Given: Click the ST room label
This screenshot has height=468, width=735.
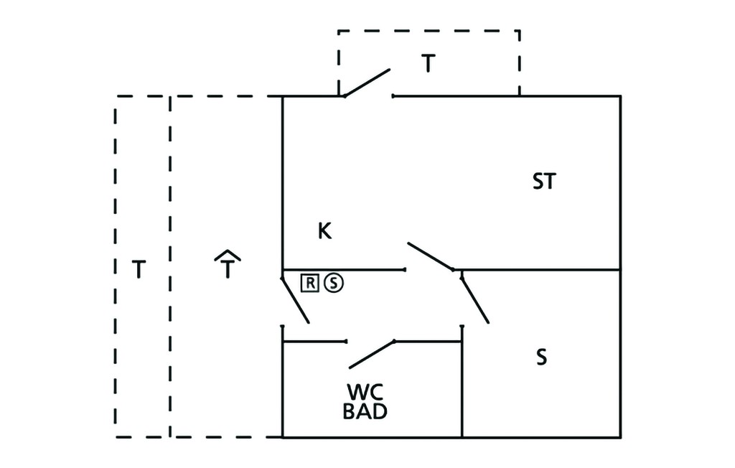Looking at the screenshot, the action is [x=544, y=181].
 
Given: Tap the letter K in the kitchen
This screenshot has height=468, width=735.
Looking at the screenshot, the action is [x=324, y=230].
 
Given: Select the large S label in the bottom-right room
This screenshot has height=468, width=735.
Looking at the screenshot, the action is [x=541, y=357].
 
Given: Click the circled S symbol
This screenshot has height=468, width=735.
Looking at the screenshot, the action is [x=333, y=283].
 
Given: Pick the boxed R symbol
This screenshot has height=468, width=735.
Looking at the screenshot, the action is [x=310, y=283].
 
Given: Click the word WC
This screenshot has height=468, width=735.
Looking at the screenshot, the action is [x=365, y=392].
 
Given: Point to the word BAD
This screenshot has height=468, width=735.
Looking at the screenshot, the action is [x=365, y=411].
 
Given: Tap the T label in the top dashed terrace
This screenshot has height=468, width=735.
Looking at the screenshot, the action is [x=429, y=63].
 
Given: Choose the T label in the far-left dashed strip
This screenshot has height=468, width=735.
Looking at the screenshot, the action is [x=139, y=269].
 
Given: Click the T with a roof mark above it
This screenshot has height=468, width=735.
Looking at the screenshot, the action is [x=228, y=264].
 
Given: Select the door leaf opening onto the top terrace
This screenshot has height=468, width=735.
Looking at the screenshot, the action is [x=367, y=83].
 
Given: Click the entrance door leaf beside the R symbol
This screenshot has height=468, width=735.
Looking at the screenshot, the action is [x=295, y=300].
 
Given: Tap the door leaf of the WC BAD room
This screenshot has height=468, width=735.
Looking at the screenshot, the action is [x=372, y=355].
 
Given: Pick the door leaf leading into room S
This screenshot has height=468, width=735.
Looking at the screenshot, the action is [x=475, y=300].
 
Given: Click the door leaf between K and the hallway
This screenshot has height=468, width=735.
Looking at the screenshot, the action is [x=431, y=256].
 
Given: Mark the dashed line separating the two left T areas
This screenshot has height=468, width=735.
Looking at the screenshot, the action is [x=169, y=266].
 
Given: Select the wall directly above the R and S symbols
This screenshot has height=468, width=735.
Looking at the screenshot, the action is [x=344, y=270].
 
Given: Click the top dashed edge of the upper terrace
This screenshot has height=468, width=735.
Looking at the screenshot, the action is [x=429, y=31].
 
